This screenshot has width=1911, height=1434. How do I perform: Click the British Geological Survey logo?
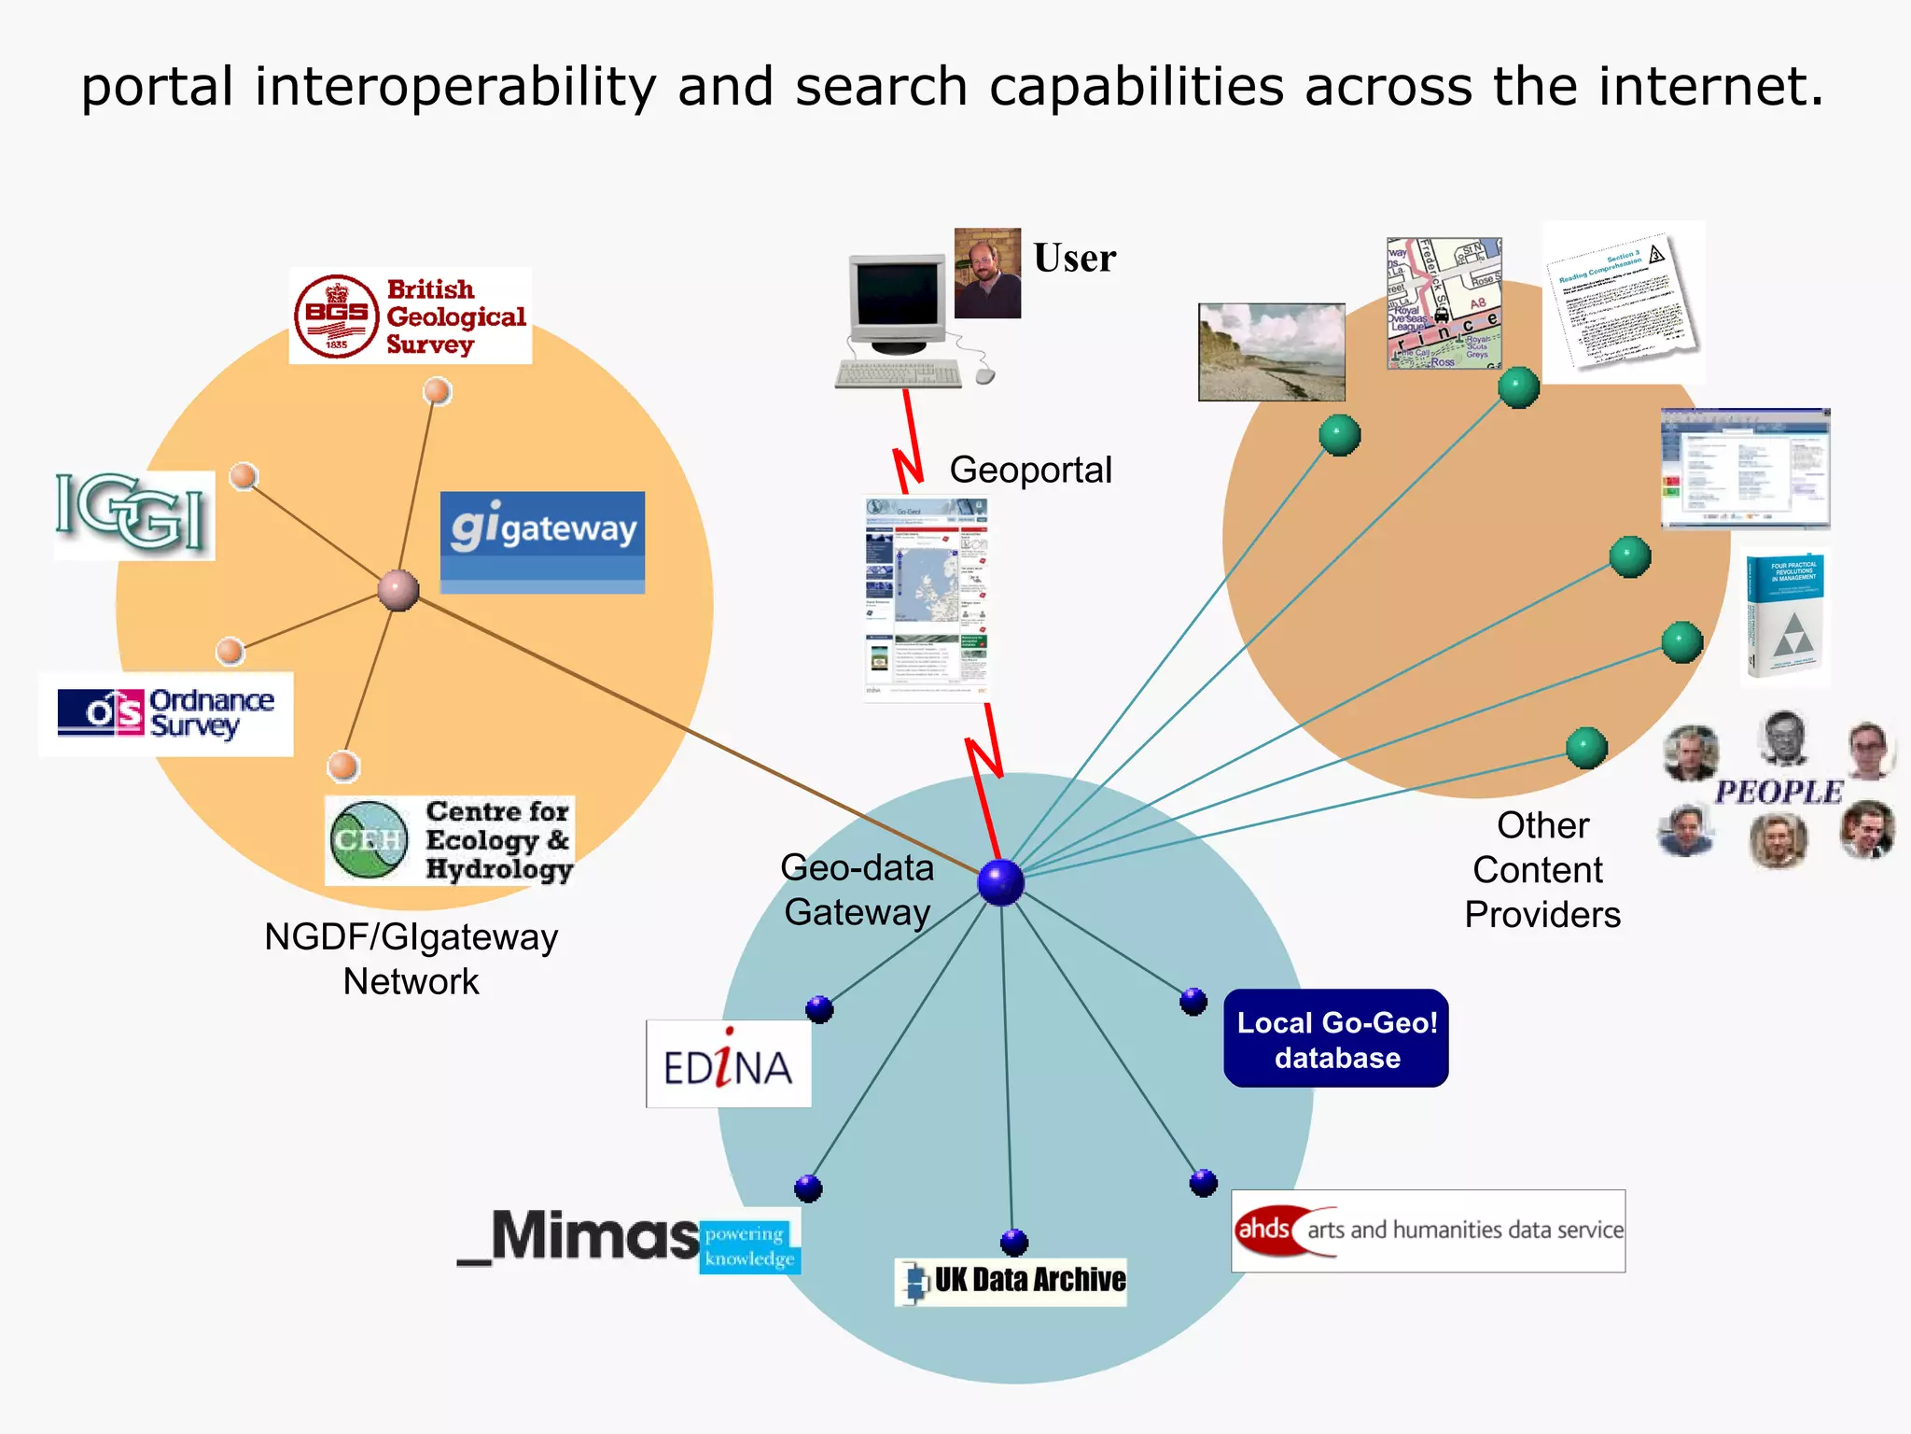click(411, 316)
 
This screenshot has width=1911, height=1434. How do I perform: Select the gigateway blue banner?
click(542, 541)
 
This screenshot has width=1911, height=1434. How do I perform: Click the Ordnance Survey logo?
click(166, 714)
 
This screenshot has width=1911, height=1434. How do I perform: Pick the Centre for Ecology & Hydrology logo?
click(449, 840)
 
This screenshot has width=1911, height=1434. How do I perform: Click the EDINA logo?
click(728, 1064)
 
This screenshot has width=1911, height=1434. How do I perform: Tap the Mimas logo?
click(628, 1240)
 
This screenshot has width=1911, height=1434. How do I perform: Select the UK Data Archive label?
click(1011, 1281)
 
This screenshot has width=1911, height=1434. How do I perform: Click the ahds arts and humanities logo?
click(1428, 1230)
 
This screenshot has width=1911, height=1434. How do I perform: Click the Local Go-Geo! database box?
click(1336, 1039)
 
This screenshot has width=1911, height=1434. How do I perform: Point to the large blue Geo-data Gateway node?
click(1001, 882)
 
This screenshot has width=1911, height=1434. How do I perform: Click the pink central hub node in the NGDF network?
click(398, 590)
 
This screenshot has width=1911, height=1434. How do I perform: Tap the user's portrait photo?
click(987, 274)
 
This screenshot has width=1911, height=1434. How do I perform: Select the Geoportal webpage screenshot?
click(927, 597)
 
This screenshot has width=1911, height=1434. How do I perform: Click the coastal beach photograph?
click(1272, 352)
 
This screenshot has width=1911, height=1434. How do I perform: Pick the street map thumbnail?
click(1444, 303)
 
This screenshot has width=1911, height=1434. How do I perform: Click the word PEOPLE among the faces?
click(1778, 793)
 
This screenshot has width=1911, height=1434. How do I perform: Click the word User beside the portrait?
click(1074, 259)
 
